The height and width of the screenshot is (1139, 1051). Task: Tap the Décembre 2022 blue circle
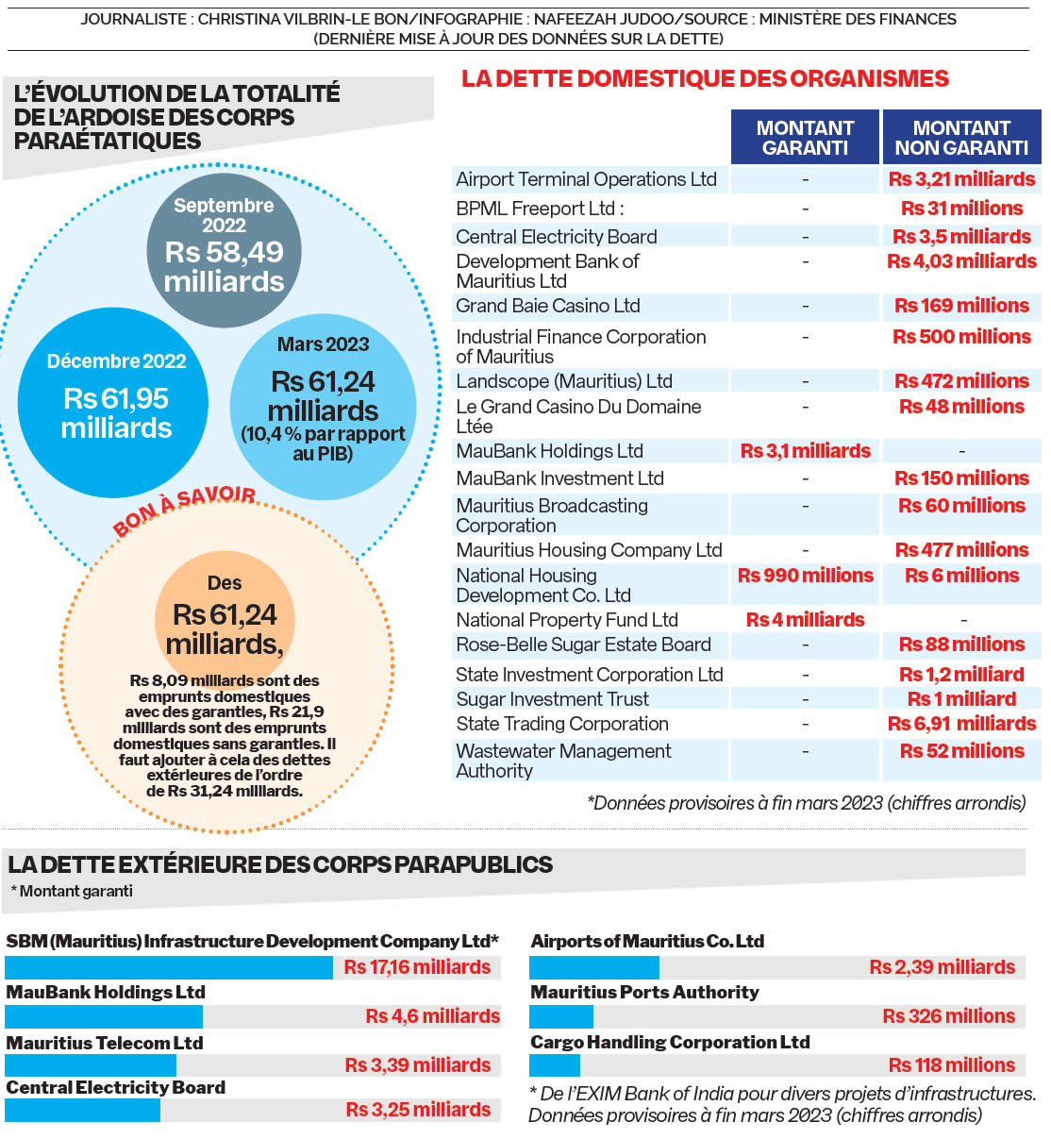[117, 402]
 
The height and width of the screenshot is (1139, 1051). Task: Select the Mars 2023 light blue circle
[323, 406]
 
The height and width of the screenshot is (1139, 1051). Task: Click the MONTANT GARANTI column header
[805, 138]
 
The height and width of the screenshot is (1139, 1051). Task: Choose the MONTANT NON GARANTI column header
[961, 138]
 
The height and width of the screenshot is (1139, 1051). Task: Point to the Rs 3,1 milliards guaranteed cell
[805, 451]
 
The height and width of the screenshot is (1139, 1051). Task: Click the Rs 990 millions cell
[805, 576]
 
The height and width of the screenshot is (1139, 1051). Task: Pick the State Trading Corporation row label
[562, 724]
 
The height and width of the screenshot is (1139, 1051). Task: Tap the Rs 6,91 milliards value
[961, 724]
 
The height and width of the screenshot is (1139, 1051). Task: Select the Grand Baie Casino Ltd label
[548, 306]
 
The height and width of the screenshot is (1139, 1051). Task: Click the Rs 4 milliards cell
[805, 620]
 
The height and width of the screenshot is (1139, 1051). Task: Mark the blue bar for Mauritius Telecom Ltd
[91, 1065]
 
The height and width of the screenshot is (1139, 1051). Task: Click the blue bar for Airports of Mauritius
[594, 967]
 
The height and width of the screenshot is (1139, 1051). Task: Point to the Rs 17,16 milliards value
[417, 967]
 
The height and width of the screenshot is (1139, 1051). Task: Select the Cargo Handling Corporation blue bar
[555, 1065]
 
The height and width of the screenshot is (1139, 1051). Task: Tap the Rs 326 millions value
[948, 1016]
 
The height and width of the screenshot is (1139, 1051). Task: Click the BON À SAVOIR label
[185, 510]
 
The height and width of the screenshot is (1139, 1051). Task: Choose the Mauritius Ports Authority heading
[644, 992]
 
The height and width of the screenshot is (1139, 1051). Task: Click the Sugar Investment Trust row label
[552, 699]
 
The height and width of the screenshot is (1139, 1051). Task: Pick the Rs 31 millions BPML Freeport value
[961, 209]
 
